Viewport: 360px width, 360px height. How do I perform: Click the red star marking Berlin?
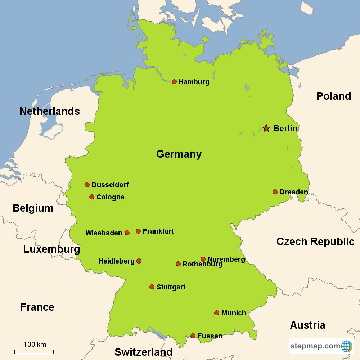click(266, 128)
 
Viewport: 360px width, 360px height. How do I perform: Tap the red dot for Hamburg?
click(174, 82)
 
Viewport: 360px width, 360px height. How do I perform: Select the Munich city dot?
click(217, 313)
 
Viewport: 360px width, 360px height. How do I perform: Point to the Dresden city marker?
click(275, 192)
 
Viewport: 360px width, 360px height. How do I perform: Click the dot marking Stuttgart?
click(152, 287)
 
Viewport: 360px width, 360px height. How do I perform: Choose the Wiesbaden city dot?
click(127, 233)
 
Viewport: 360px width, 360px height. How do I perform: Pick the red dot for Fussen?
click(193, 336)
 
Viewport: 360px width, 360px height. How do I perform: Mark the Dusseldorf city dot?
click(87, 185)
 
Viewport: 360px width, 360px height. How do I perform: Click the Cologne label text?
click(111, 197)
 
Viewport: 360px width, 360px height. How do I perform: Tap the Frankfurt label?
click(158, 231)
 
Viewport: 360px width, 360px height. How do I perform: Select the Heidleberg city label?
click(116, 261)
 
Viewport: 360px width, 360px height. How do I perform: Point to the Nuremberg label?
click(226, 259)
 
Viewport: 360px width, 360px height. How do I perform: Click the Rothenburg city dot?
click(178, 264)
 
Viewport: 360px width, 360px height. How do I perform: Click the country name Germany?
click(179, 154)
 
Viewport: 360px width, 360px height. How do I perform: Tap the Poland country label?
click(334, 96)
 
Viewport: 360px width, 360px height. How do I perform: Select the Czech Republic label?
click(315, 242)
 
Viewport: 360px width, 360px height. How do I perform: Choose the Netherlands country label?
click(50, 111)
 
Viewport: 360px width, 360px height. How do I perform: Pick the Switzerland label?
click(144, 352)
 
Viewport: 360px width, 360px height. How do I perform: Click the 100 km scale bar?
click(34, 352)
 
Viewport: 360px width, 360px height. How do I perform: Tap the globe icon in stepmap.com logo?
click(347, 346)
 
